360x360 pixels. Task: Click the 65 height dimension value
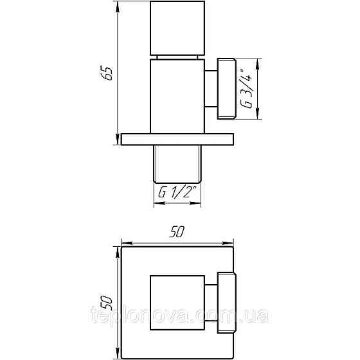point(109,73)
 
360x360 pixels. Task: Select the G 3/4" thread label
point(245,89)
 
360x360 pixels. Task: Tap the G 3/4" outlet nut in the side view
point(228,89)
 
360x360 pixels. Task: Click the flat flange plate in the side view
point(175,139)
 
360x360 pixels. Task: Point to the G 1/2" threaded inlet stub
point(177,163)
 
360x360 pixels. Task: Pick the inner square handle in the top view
point(177,301)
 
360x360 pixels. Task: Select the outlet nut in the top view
point(226,301)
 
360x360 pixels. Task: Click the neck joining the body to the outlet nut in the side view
point(210,89)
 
